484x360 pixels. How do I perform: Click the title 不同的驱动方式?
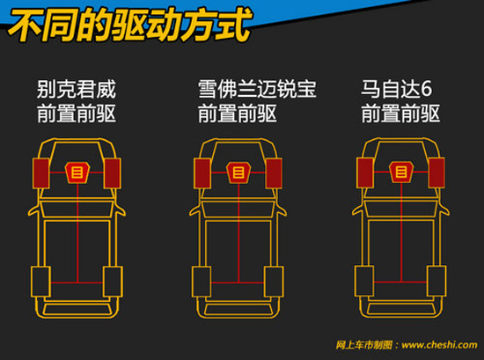tap(129, 25)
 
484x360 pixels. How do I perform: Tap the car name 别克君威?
tap(77, 89)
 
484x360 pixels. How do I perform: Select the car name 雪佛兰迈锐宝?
tap(257, 89)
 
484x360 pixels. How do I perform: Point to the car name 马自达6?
tap(396, 89)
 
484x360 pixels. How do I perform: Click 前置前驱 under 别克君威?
tap(77, 114)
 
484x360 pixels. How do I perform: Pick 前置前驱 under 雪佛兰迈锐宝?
tap(237, 114)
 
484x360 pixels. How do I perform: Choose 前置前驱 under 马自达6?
tap(400, 114)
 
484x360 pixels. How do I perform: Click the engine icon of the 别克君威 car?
tap(77, 173)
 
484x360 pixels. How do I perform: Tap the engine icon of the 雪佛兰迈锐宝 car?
tap(238, 173)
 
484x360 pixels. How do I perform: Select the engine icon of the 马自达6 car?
tap(401, 172)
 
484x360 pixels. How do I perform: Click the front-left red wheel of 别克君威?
tap(40, 173)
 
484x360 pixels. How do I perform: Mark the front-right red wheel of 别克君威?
tap(113, 173)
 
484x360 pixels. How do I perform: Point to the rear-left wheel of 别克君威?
tap(40, 282)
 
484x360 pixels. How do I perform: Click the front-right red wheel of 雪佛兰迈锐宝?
tap(274, 173)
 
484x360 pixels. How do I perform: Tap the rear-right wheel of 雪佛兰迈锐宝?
tap(274, 282)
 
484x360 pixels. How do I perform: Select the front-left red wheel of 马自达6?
tap(365, 173)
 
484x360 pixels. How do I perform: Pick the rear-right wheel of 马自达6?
tap(436, 281)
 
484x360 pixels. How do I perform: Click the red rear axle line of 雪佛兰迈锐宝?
tap(238, 283)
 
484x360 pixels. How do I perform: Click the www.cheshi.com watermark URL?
tap(439, 344)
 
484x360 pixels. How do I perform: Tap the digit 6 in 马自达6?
tap(426, 89)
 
